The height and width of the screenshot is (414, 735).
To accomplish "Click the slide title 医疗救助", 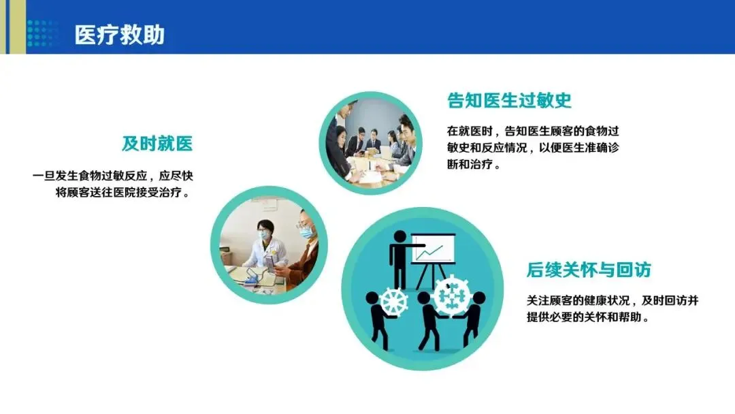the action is [x=120, y=35].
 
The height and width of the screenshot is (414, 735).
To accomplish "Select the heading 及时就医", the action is [x=157, y=144].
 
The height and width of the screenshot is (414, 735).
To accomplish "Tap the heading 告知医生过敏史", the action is [x=509, y=100].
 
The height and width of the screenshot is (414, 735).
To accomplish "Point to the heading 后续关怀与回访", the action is [x=589, y=270].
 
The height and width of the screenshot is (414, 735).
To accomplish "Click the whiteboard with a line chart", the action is [x=433, y=249].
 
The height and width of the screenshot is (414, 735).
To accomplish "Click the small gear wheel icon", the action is [x=393, y=302].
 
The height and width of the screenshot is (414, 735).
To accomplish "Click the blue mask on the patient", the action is [x=306, y=232].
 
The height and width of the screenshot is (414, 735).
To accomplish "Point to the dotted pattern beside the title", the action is [x=42, y=33].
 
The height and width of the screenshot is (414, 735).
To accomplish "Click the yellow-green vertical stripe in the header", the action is [x=17, y=27].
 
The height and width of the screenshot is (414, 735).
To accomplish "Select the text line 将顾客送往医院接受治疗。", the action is [x=125, y=192].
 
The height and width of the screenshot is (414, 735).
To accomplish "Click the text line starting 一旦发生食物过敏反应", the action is [x=112, y=176].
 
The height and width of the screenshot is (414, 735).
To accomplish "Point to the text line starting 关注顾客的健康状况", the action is [x=612, y=300].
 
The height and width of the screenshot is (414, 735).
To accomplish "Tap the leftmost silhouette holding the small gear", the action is [x=379, y=321].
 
